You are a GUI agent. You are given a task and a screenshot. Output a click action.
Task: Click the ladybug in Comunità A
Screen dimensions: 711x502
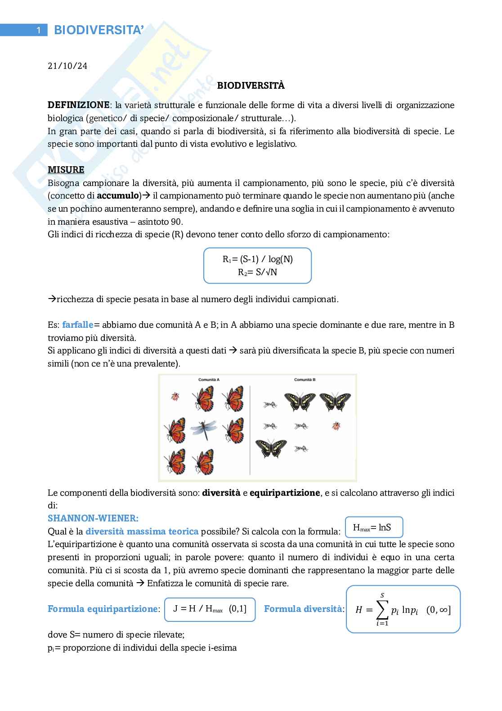[175, 396]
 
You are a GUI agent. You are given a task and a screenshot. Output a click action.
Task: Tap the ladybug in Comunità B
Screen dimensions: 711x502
[336, 426]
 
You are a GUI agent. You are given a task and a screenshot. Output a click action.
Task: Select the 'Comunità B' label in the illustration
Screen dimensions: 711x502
[305, 380]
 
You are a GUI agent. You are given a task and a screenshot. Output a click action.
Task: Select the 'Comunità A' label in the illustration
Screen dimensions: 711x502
[209, 380]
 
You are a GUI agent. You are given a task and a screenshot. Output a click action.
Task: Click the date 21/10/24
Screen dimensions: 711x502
[67, 66]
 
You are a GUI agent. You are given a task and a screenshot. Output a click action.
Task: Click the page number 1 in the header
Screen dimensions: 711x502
[39, 30]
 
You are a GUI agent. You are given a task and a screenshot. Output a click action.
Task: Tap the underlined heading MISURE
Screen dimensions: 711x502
[66, 170]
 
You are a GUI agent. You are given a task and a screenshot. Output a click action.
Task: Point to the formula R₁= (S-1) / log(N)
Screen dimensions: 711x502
[257, 259]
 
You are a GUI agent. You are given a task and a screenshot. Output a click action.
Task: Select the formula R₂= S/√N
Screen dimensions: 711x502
[257, 272]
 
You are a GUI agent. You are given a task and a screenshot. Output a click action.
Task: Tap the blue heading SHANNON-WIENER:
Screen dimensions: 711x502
[93, 518]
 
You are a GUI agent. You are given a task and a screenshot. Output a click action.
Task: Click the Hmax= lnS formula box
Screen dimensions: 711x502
[373, 527]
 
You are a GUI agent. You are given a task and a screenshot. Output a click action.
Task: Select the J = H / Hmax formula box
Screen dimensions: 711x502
[210, 609]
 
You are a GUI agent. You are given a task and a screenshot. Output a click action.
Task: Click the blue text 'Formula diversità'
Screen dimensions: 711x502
[304, 609]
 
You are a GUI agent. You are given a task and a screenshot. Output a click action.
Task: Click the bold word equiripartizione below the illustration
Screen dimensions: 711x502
[284, 493]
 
